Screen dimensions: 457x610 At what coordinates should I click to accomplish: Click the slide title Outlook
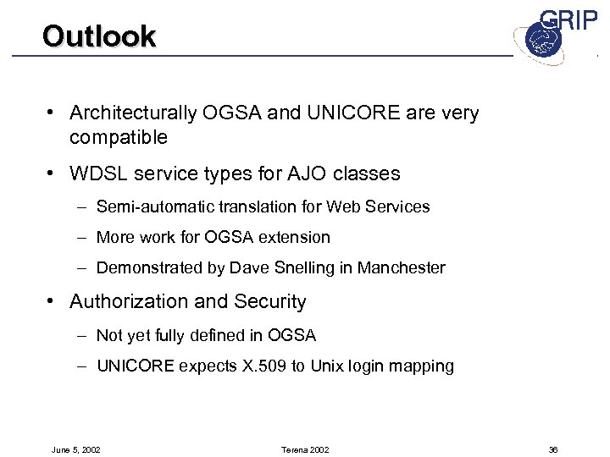(x=99, y=36)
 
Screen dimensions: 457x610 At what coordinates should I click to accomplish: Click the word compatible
(x=119, y=136)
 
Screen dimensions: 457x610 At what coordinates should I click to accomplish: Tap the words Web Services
(x=388, y=206)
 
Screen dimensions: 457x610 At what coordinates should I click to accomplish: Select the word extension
(x=293, y=237)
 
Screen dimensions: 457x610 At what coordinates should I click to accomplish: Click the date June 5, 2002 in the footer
(x=76, y=449)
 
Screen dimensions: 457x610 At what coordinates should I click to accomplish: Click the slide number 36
(x=552, y=449)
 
